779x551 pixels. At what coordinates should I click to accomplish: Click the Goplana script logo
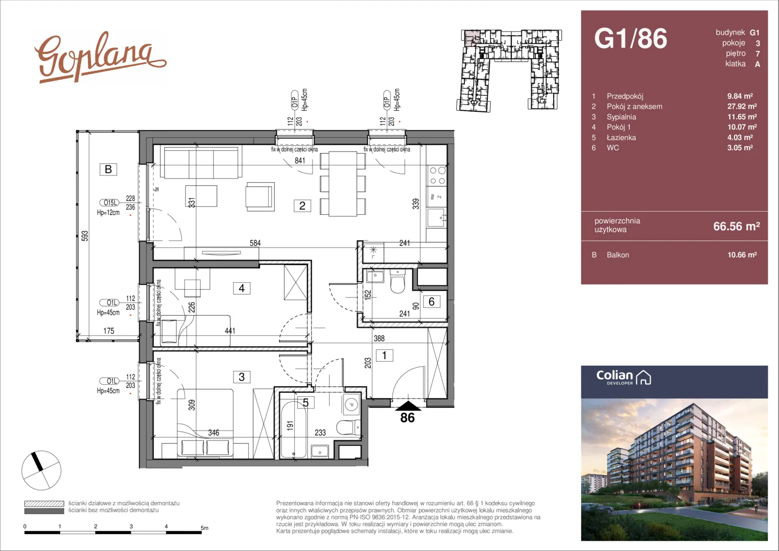(x=100, y=58)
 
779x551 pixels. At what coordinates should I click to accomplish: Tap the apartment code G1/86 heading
(x=631, y=38)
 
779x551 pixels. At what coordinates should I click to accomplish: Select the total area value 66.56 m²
(x=736, y=226)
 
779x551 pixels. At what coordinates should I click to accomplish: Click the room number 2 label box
(x=302, y=206)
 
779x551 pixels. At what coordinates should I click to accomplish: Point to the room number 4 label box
(x=241, y=288)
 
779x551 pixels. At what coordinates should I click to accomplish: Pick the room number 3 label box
(x=241, y=377)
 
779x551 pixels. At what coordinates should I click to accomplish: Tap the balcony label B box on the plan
(x=108, y=169)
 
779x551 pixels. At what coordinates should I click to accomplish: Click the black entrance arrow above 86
(x=408, y=406)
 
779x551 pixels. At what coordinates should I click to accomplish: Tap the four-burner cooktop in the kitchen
(x=437, y=176)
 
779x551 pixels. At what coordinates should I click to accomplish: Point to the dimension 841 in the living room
(x=299, y=161)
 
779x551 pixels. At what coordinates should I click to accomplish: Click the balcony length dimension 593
(x=85, y=236)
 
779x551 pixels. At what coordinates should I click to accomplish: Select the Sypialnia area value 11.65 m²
(x=742, y=117)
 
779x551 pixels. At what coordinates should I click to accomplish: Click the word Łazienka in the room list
(x=621, y=137)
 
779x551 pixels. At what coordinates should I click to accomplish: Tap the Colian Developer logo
(x=624, y=378)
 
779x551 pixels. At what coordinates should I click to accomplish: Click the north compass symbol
(x=41, y=470)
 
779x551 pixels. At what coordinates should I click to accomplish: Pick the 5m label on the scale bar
(x=204, y=528)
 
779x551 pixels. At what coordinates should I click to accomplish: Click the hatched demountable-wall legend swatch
(x=44, y=504)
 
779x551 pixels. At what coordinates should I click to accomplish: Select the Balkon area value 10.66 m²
(x=742, y=255)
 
